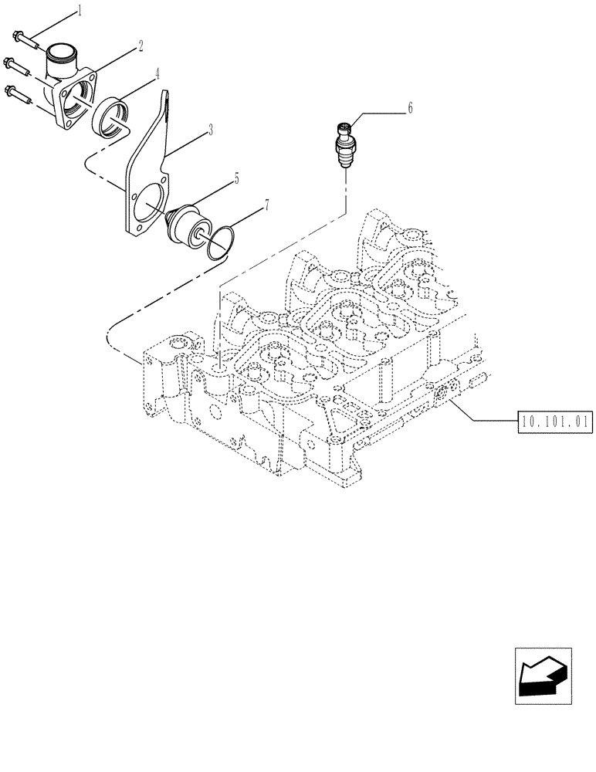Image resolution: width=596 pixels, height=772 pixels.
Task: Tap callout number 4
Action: [157, 75]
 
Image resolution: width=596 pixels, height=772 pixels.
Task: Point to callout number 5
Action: [235, 178]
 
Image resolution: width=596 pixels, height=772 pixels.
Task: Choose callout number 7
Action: [266, 205]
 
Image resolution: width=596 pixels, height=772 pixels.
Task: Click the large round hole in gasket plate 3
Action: [147, 201]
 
